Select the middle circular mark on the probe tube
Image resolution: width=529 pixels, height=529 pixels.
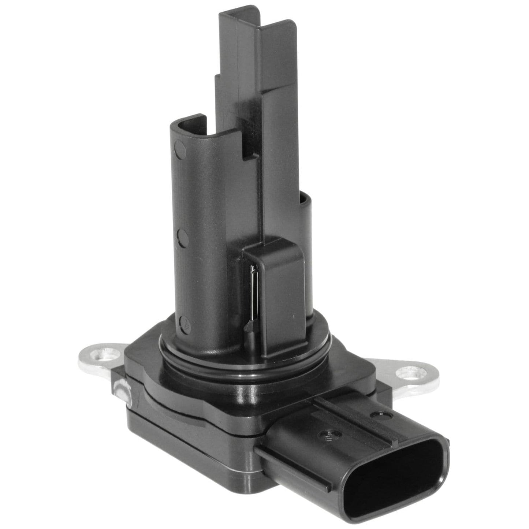(x=182, y=237)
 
